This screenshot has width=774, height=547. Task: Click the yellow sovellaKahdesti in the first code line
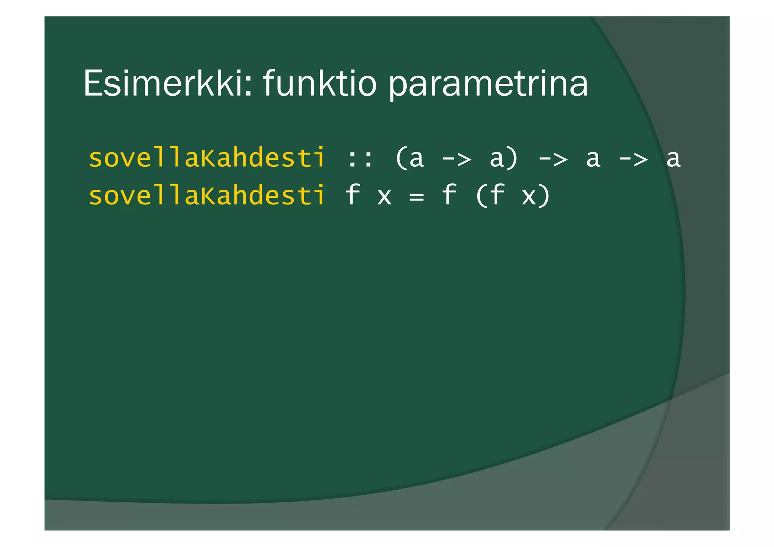pos(207,158)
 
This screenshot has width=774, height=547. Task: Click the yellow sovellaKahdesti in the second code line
pos(207,195)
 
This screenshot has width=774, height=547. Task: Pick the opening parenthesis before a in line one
pos(400,158)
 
